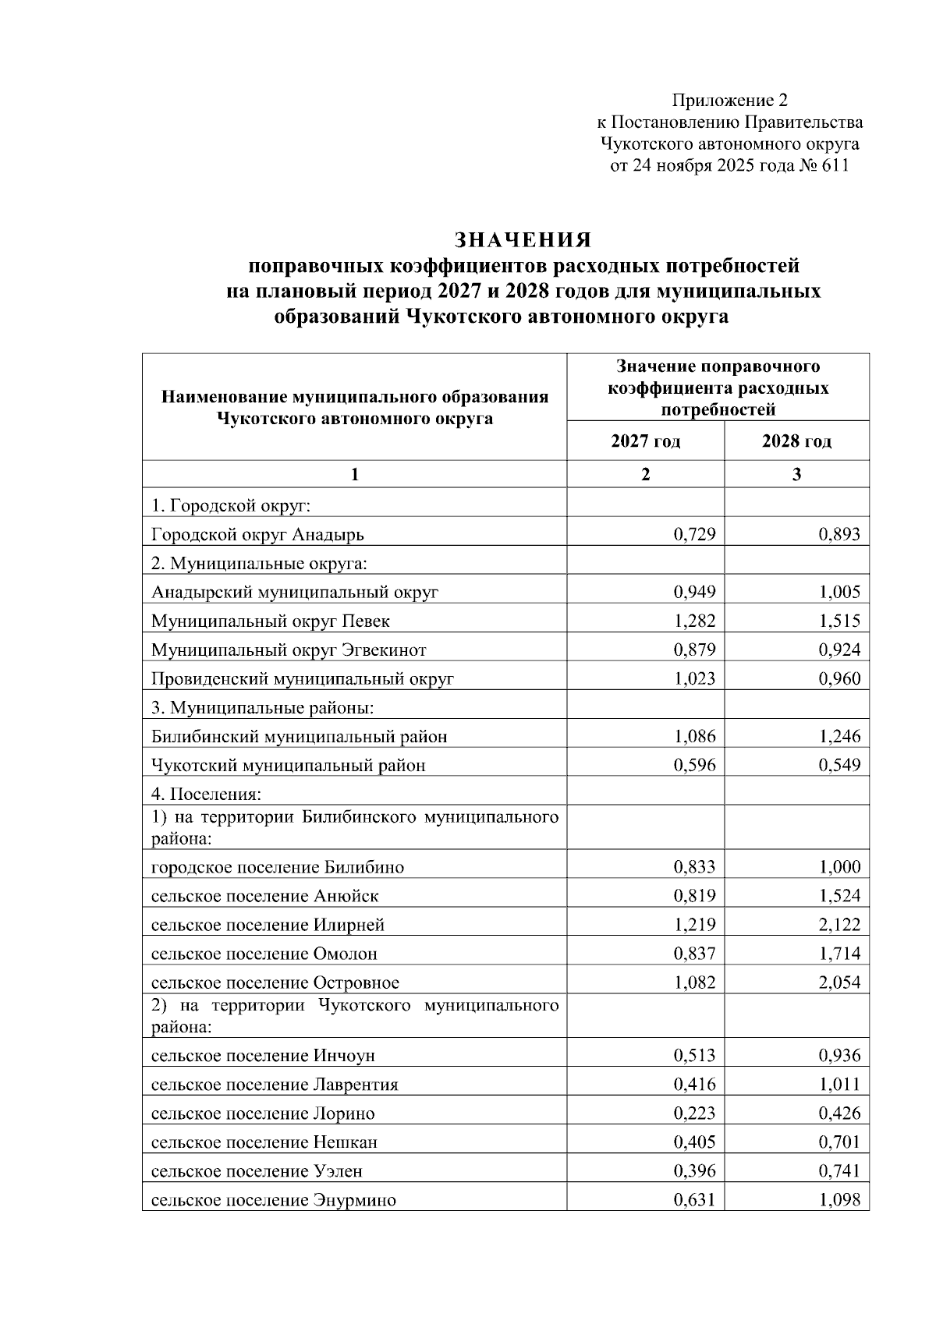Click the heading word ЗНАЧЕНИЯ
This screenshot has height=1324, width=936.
tap(523, 239)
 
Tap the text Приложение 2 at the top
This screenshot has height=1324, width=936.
tap(729, 101)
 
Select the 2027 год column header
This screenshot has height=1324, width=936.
tap(645, 441)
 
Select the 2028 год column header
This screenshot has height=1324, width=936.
tap(796, 441)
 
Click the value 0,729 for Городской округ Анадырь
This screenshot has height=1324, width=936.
tap(694, 534)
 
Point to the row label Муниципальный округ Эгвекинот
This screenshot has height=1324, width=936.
tap(289, 650)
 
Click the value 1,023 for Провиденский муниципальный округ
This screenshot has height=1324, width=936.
tap(694, 678)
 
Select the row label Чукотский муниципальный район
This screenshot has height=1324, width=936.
tap(289, 765)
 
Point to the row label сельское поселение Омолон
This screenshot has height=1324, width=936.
tap(264, 954)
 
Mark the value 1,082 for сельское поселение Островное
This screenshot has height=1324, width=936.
tap(694, 982)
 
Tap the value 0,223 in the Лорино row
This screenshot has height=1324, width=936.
tap(694, 1113)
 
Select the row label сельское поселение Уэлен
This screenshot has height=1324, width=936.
tap(257, 1171)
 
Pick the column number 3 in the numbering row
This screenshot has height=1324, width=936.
tap(796, 474)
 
